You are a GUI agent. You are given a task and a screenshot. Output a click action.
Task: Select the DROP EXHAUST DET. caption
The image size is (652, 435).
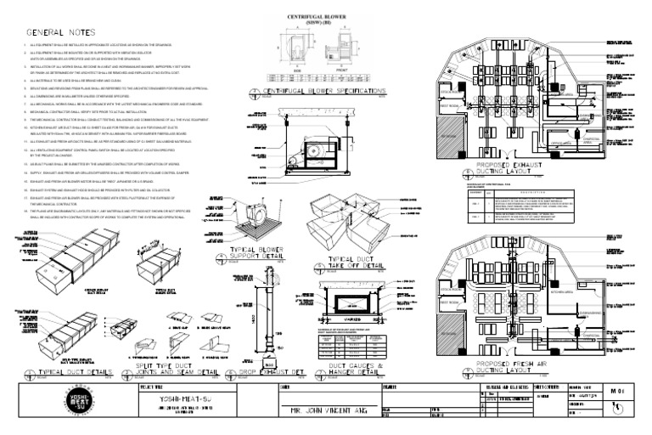click(x=275, y=371)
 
